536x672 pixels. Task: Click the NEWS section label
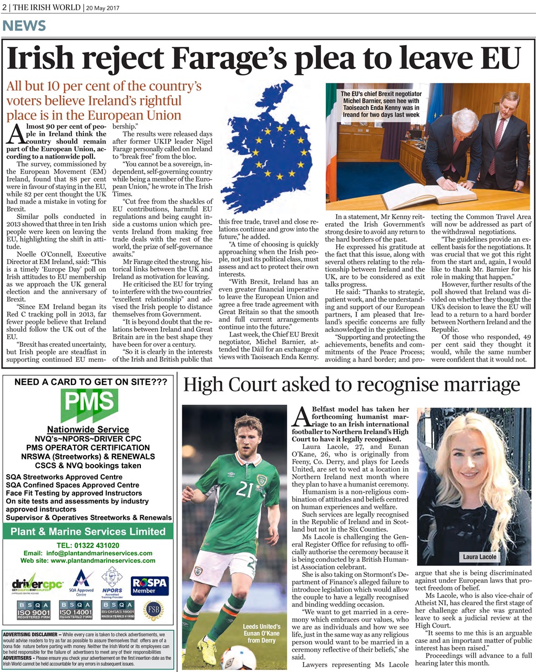(x=24, y=26)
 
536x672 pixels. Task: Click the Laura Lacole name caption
(x=479, y=556)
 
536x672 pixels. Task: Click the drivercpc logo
(x=37, y=585)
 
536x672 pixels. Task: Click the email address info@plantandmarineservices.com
(x=88, y=553)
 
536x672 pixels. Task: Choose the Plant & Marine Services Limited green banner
(x=88, y=531)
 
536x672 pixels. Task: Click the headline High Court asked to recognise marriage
(x=351, y=385)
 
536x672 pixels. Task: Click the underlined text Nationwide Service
(x=88, y=429)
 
